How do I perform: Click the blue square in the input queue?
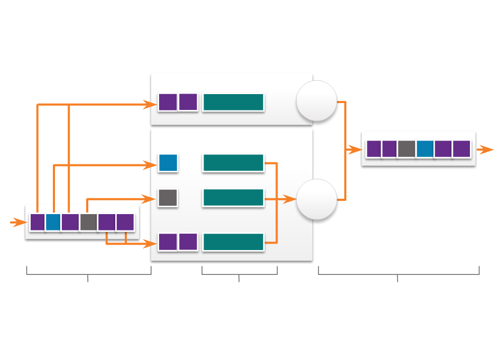(53, 222)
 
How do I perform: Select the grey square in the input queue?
(88, 222)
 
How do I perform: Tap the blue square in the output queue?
(424, 149)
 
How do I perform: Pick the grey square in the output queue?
(406, 149)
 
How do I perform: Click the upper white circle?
(316, 100)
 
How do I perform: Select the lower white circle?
(316, 199)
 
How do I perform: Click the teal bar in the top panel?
(233, 102)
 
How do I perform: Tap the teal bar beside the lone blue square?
(233, 163)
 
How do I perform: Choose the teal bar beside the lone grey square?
(233, 197)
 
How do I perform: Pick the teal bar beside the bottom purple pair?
(233, 242)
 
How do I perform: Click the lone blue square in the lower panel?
(168, 163)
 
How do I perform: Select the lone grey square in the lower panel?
(168, 197)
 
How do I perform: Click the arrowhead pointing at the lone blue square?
(152, 165)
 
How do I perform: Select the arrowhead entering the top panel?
(152, 105)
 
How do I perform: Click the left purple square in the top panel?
(168, 102)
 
